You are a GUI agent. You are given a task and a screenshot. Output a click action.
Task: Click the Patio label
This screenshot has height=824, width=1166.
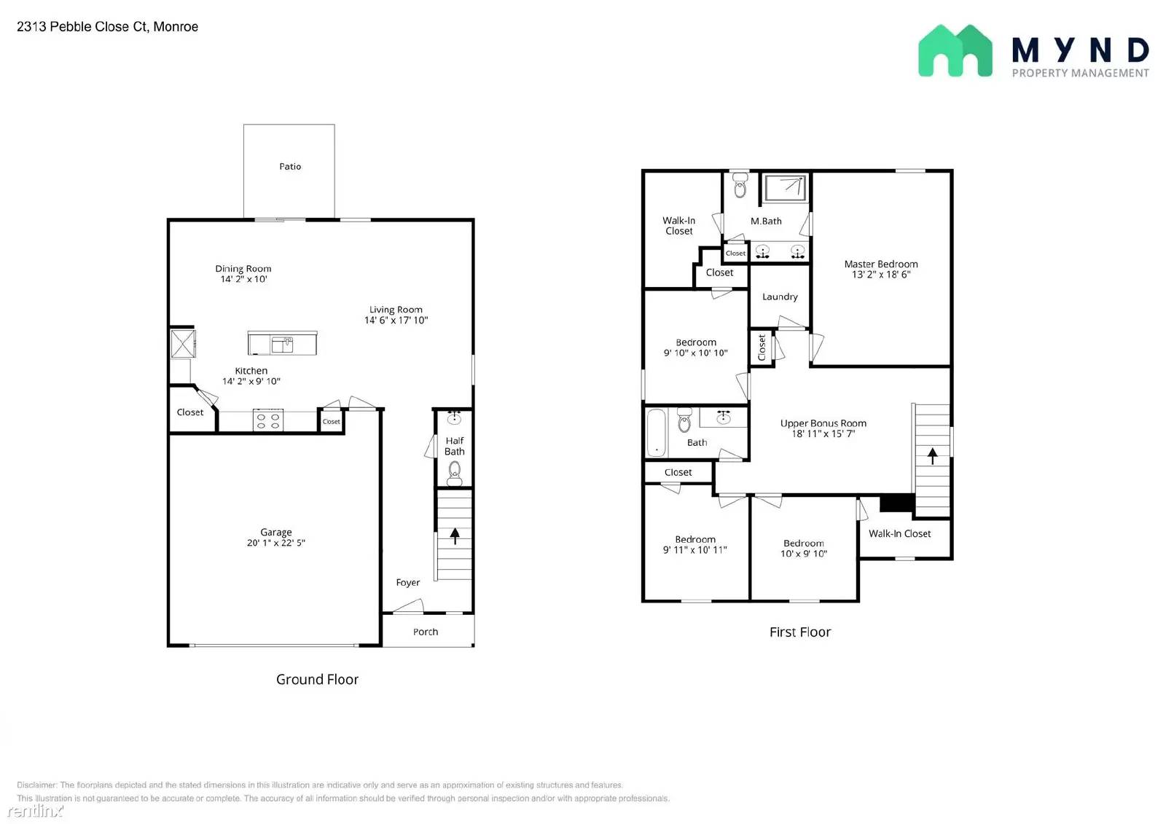pyautogui.click(x=290, y=167)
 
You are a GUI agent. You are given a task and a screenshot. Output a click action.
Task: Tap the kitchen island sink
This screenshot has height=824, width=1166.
pyautogui.click(x=282, y=345)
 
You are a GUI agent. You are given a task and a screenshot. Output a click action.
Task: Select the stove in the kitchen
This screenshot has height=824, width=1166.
pyautogui.click(x=268, y=420)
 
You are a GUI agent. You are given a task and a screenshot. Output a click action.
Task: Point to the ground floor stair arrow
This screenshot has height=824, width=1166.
pyautogui.click(x=455, y=536)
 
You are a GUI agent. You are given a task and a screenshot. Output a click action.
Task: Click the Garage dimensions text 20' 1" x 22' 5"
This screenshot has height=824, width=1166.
pyautogui.click(x=276, y=543)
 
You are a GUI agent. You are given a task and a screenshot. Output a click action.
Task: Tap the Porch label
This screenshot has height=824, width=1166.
pyautogui.click(x=426, y=632)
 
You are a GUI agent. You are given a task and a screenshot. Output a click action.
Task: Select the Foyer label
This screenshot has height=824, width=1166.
pyautogui.click(x=407, y=582)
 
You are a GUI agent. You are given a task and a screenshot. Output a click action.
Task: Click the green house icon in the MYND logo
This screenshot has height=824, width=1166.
pyautogui.click(x=955, y=51)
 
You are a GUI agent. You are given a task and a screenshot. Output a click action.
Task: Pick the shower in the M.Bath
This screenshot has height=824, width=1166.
pyautogui.click(x=786, y=189)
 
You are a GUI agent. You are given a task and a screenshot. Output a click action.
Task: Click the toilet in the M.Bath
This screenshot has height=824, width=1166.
pyautogui.click(x=740, y=185)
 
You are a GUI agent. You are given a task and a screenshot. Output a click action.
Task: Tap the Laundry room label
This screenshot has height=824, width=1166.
pyautogui.click(x=780, y=297)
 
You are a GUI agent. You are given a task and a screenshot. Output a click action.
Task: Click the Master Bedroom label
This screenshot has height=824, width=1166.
pyautogui.click(x=881, y=264)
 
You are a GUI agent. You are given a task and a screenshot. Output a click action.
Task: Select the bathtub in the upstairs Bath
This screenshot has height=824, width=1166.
pyautogui.click(x=657, y=433)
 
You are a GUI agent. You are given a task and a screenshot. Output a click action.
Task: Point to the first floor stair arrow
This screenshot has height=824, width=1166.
pyautogui.click(x=932, y=456)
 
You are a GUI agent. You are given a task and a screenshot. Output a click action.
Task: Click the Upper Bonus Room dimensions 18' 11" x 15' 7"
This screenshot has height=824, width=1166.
pyautogui.click(x=823, y=434)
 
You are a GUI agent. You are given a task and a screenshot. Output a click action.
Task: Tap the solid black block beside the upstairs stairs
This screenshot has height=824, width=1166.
pyautogui.click(x=897, y=503)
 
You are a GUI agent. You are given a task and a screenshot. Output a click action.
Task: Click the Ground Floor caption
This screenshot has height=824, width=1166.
pyautogui.click(x=317, y=679)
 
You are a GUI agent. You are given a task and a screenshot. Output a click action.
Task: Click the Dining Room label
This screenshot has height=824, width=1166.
pyautogui.click(x=243, y=269)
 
